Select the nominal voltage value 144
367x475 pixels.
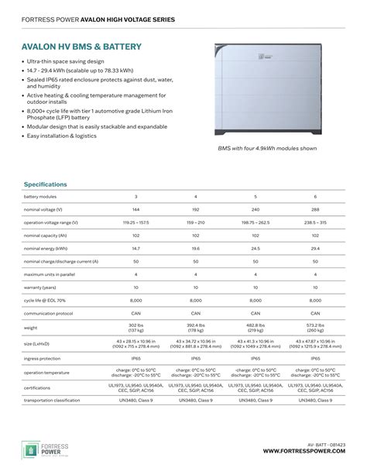click(136, 210)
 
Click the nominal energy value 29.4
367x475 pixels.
click(315, 249)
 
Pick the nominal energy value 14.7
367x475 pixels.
click(136, 249)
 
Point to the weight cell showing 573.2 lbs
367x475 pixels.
click(315, 328)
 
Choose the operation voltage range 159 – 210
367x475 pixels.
click(196, 222)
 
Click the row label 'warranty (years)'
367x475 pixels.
click(39, 287)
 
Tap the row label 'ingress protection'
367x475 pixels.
click(42, 359)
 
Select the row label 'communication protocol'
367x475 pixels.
click(49, 313)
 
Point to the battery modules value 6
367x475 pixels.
click(315, 197)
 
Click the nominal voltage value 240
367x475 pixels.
click(256, 210)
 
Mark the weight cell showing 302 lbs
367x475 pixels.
click(136, 328)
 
